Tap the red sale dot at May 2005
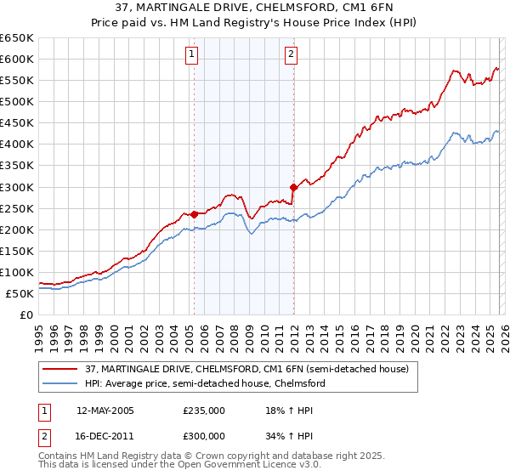click(194, 214)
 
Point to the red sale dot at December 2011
click(293, 186)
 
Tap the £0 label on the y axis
click(25, 314)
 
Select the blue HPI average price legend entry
click(204, 383)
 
